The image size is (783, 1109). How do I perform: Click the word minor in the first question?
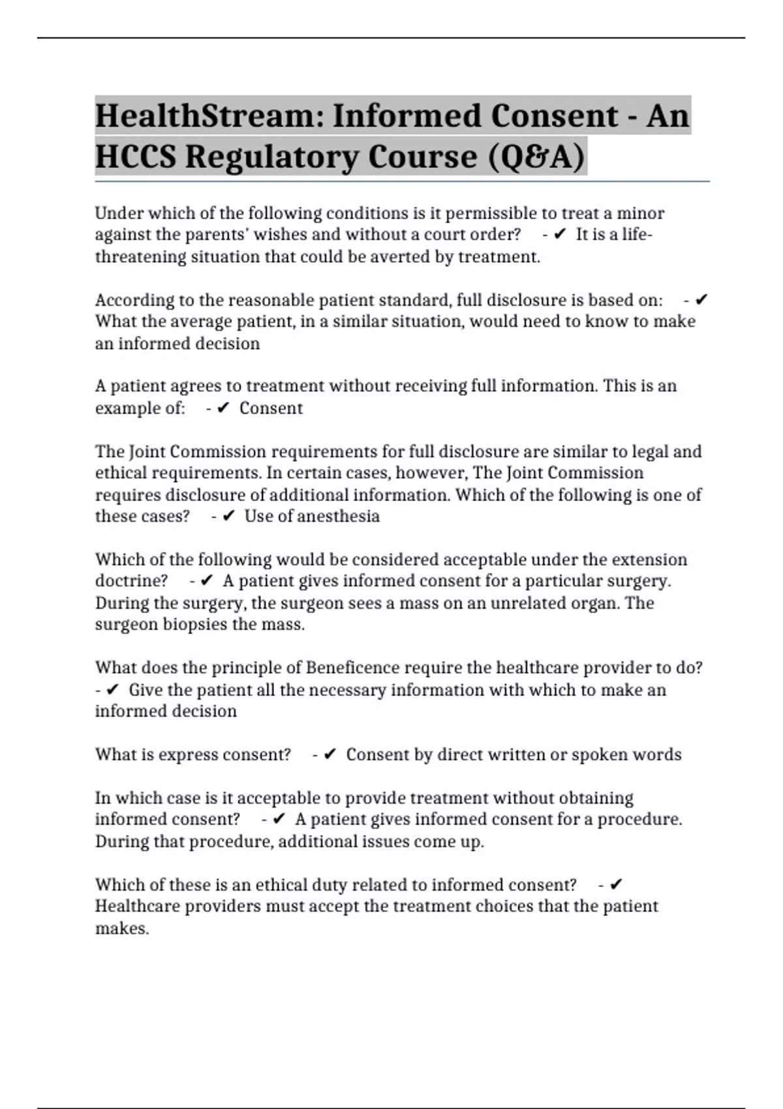tap(641, 213)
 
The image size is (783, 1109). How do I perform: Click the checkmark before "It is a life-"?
tap(559, 235)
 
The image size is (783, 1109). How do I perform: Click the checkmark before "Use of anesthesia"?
tap(228, 517)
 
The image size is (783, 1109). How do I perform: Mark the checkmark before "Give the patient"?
tap(112, 690)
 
